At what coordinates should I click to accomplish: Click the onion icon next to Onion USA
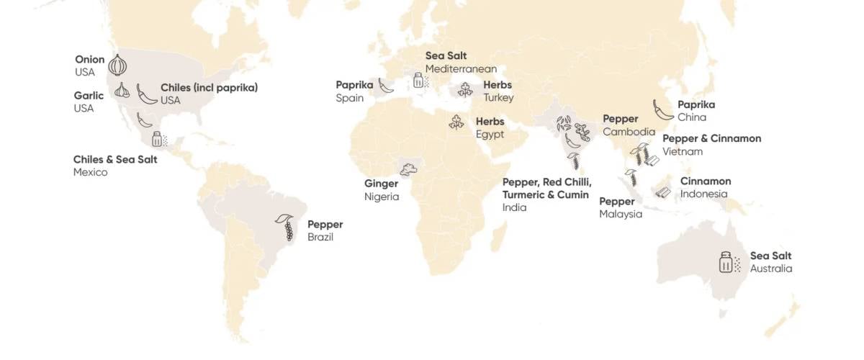coord(117,66)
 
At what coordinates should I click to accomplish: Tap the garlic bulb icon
coord(122,91)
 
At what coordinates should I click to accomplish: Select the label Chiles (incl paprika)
coord(209,88)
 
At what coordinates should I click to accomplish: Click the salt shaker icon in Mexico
coord(158,139)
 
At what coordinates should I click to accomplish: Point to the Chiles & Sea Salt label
coord(115,159)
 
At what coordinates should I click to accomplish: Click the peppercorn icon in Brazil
coord(287,228)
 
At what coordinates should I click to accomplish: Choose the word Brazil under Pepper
coord(320,237)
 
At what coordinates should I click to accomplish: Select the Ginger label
coord(381,184)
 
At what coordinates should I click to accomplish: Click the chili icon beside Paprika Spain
coord(386,86)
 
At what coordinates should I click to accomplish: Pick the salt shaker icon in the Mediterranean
coord(418,80)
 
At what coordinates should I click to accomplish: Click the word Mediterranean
coord(461,69)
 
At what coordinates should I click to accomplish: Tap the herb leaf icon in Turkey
coord(466,89)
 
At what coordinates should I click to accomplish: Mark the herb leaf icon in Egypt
coord(456,122)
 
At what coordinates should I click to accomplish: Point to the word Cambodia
coord(629,132)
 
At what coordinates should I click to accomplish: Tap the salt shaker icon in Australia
coord(726,262)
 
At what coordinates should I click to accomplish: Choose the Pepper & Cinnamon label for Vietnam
coord(711,139)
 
